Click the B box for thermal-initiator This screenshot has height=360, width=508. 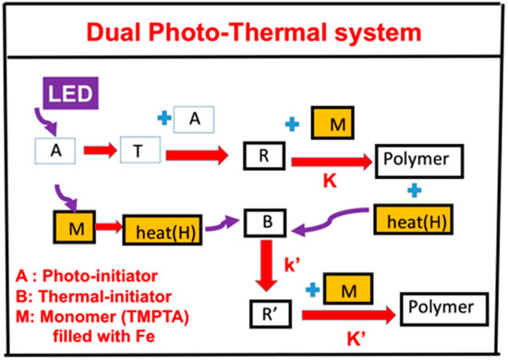(263, 222)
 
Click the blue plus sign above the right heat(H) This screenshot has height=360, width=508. (414, 193)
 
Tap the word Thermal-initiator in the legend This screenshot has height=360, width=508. (97, 296)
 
